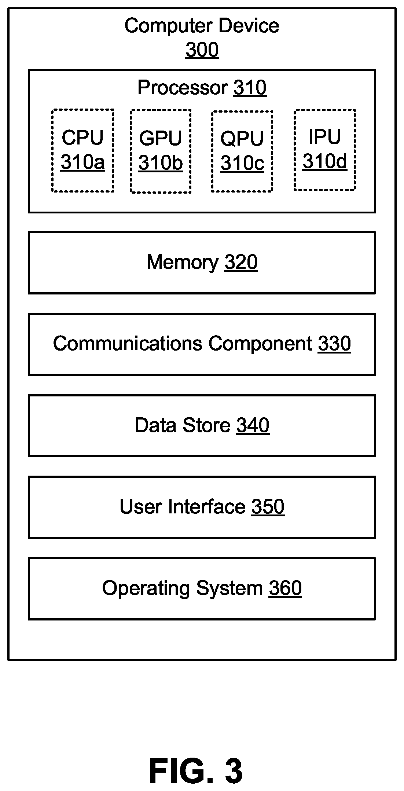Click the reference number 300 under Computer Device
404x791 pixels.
click(202, 50)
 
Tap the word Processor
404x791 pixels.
click(183, 88)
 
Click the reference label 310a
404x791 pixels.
click(82, 162)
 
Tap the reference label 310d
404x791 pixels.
click(325, 161)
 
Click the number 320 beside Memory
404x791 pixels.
click(241, 263)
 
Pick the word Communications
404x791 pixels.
click(128, 344)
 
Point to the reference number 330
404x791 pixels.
click(334, 344)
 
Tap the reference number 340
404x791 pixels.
click(253, 425)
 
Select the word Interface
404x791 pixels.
click(207, 507)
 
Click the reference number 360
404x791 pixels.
click(285, 588)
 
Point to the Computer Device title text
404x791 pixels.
click(202, 26)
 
